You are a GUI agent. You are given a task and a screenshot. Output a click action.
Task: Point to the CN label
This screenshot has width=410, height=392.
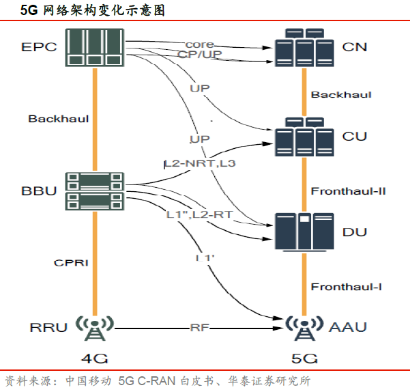354,47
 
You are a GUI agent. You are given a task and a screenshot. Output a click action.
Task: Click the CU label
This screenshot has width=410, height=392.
354,137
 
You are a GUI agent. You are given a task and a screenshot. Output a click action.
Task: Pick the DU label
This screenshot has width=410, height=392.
355,232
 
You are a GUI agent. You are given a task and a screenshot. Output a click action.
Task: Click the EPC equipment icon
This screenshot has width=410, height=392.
96,48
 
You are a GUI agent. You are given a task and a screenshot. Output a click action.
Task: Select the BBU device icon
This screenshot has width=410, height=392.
96,190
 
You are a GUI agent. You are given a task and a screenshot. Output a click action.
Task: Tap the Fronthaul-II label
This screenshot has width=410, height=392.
349,191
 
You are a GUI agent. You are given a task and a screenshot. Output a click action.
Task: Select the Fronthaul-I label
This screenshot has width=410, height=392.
346,286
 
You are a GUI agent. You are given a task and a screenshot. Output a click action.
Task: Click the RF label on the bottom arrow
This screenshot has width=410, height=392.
199,328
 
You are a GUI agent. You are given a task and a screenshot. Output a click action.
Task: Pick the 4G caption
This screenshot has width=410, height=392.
94,358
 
